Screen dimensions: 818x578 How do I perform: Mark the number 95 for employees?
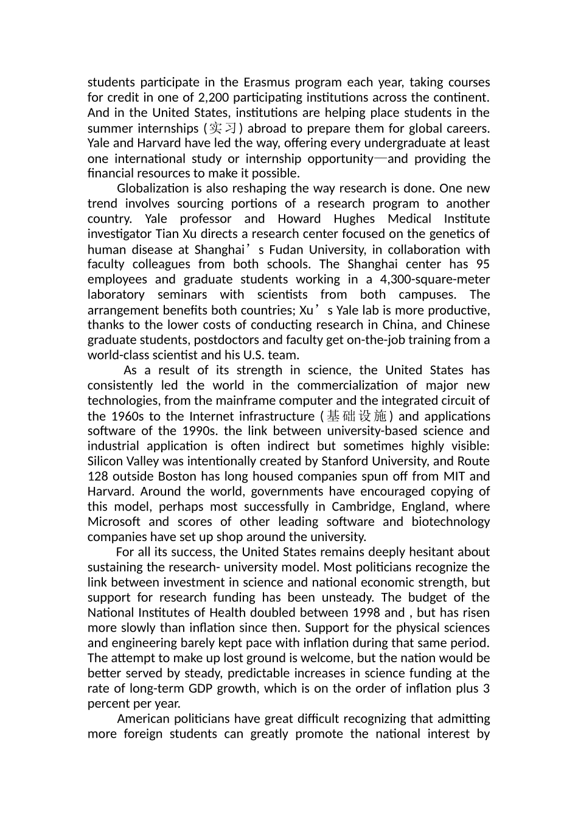(482, 264)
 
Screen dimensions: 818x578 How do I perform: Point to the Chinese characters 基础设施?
(357, 416)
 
